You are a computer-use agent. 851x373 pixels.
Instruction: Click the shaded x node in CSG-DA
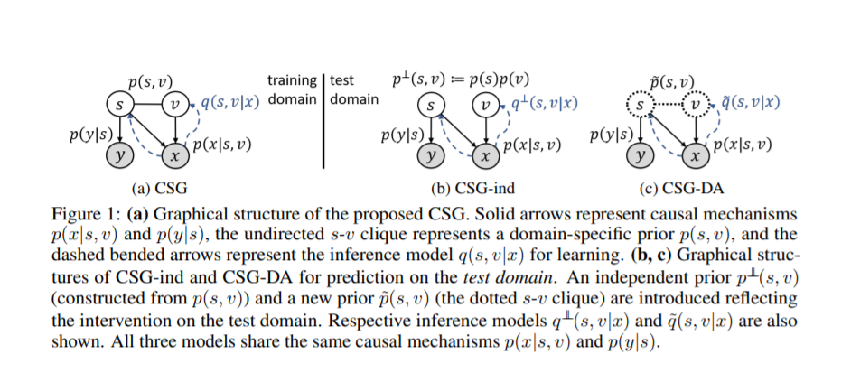696,155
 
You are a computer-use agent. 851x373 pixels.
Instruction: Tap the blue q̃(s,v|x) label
744,101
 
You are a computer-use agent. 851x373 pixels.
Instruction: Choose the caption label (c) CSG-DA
674,190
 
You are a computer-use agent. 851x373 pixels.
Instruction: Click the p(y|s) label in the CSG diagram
89,135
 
